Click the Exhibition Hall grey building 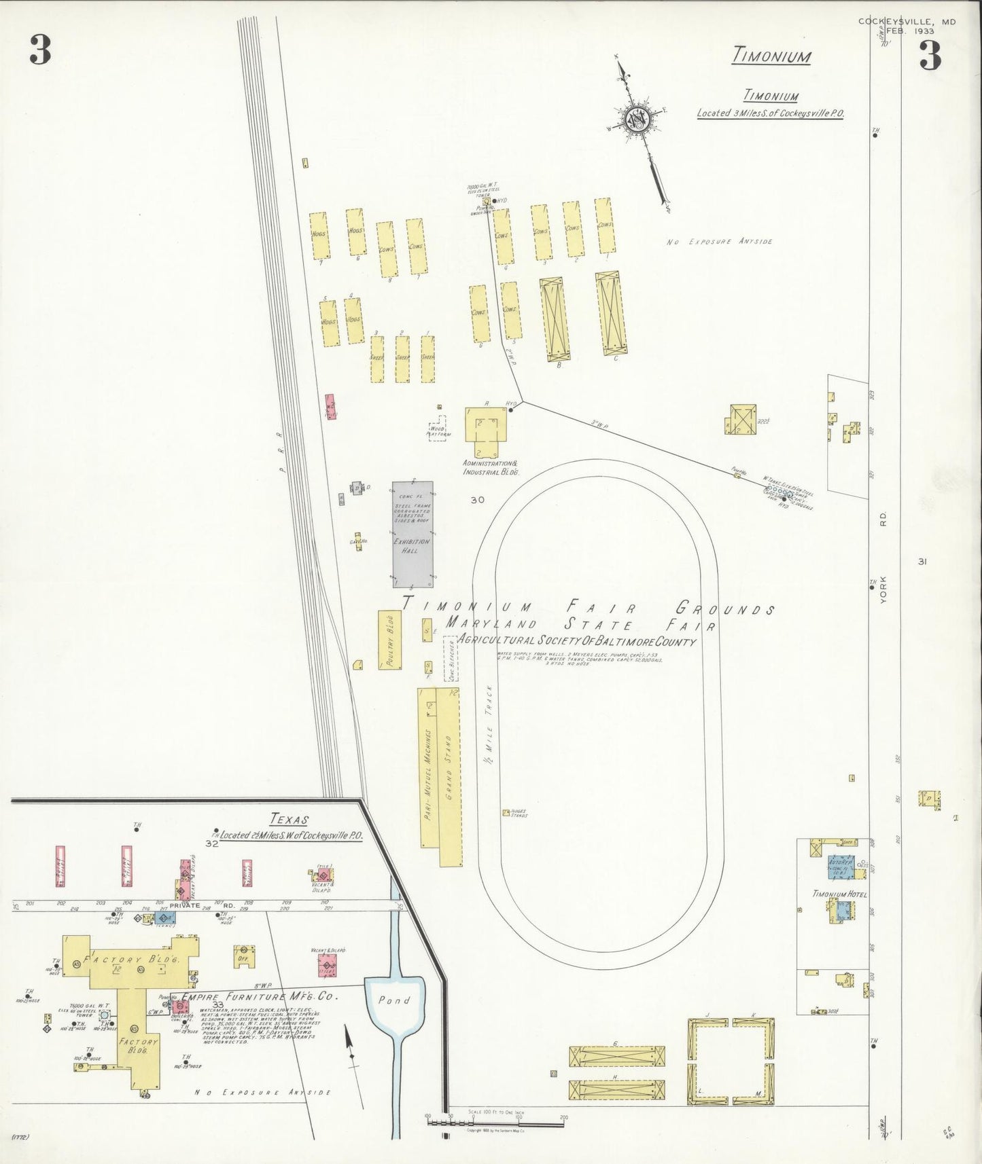tap(412, 534)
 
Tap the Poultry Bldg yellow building tap(389, 640)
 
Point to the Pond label tap(394, 1000)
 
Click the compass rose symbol tap(638, 120)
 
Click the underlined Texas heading tap(288, 819)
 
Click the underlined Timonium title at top tap(771, 55)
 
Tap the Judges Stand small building tap(506, 812)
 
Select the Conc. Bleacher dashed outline tap(450, 658)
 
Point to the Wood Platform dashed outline tap(438, 429)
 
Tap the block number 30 tap(477, 500)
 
